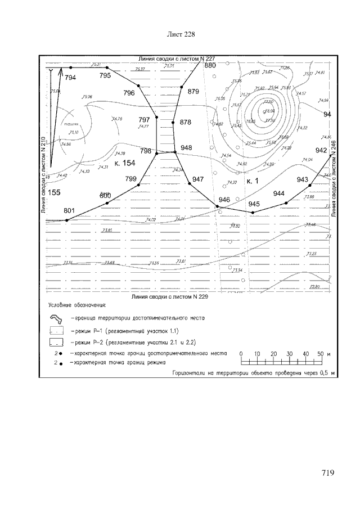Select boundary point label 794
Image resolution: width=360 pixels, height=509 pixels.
pyautogui.click(x=70, y=78)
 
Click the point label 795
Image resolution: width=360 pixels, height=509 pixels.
pyautogui.click(x=105, y=75)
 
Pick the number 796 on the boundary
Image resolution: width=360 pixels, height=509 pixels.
pyautogui.click(x=129, y=93)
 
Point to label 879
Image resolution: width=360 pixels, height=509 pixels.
pyautogui.click(x=193, y=91)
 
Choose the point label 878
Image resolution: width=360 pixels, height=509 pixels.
pyautogui.click(x=186, y=121)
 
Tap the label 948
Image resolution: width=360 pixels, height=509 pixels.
pyautogui.click(x=186, y=148)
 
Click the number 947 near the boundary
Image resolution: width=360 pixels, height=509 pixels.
pyautogui.click(x=198, y=179)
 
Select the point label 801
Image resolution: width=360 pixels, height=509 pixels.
pyautogui.click(x=69, y=210)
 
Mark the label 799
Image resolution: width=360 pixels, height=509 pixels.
pyautogui.click(x=131, y=178)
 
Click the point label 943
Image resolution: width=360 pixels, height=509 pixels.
pyautogui.click(x=303, y=179)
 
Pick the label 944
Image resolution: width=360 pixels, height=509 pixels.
pyautogui.click(x=279, y=193)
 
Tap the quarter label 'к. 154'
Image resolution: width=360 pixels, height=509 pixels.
pyautogui.click(x=124, y=163)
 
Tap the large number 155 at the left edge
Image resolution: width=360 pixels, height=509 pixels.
pyautogui.click(x=55, y=192)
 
